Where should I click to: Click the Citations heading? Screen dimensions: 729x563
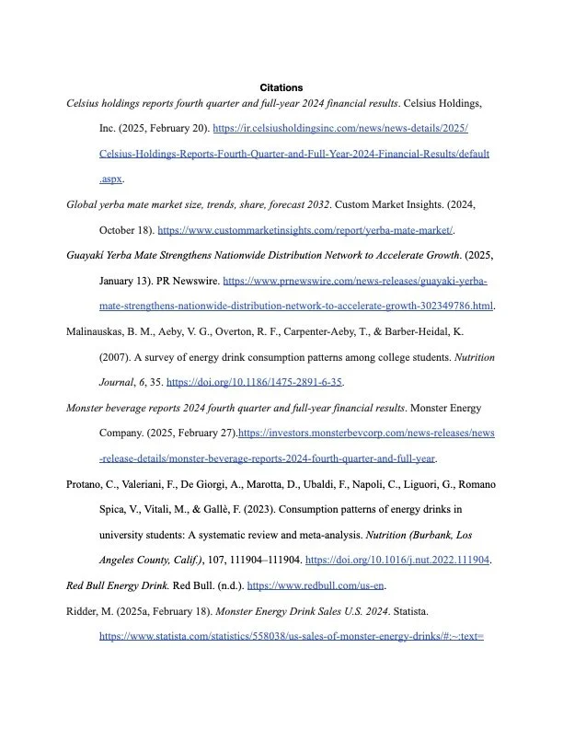pos(281,87)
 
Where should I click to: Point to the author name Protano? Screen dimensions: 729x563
pos(89,483)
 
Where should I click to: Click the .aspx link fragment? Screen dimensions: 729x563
pos(110,179)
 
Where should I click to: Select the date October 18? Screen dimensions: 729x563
pos(126,230)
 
